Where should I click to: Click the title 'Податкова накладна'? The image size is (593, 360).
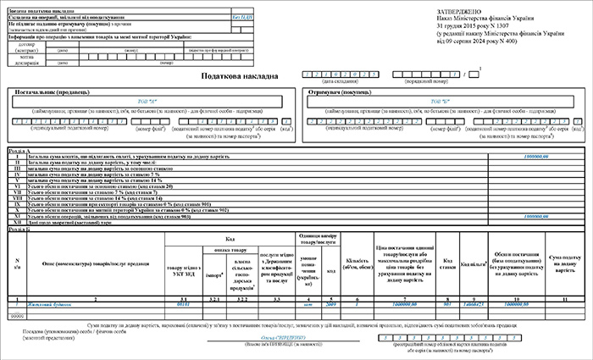click(239, 75)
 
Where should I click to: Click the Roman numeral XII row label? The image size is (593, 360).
click(16, 221)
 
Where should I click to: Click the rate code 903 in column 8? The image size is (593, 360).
click(447, 302)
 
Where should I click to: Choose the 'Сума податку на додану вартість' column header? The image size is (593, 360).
click(563, 260)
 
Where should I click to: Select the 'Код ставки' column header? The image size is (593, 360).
click(447, 260)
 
